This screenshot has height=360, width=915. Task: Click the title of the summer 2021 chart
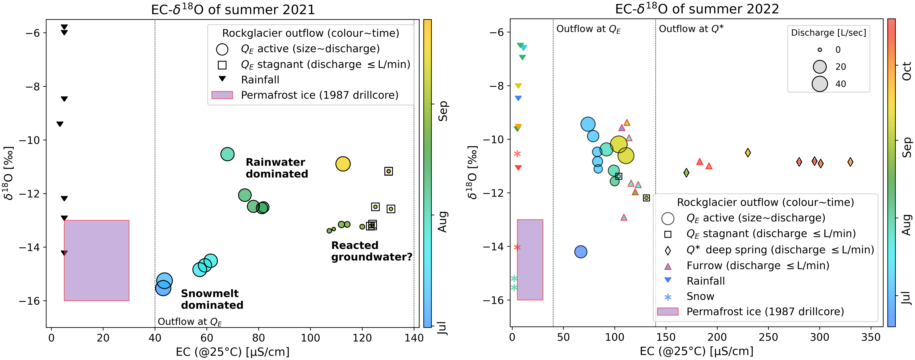click(x=233, y=9)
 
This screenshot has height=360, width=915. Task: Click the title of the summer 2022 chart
click(x=697, y=9)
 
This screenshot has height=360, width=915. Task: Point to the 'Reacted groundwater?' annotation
click(x=372, y=251)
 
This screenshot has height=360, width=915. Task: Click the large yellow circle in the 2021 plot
click(x=343, y=164)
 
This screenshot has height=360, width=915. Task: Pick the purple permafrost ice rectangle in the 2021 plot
click(x=97, y=261)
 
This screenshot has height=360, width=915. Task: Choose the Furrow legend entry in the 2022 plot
click(x=758, y=266)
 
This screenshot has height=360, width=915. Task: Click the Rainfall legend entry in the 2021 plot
click(x=260, y=80)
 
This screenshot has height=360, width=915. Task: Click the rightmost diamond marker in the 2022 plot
click(x=850, y=162)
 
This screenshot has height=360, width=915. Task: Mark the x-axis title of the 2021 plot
click(x=233, y=352)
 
